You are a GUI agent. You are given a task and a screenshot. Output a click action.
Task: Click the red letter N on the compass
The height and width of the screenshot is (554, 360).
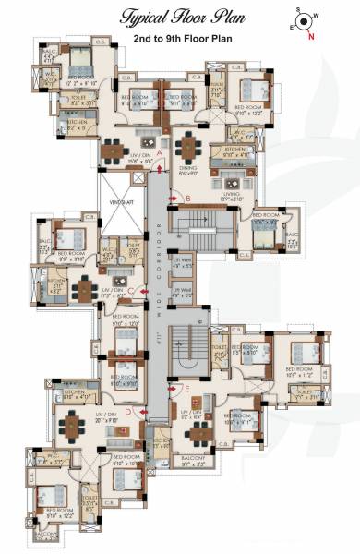(x=310, y=37)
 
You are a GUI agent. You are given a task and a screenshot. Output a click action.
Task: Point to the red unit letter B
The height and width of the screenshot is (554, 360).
(x=187, y=199)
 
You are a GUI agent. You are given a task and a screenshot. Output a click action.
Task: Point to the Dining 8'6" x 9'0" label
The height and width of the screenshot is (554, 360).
(x=189, y=170)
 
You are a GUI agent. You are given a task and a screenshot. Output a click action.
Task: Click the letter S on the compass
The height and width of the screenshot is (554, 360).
(x=297, y=13)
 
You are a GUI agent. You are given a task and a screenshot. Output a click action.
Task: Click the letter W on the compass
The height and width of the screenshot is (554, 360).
(x=315, y=16)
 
